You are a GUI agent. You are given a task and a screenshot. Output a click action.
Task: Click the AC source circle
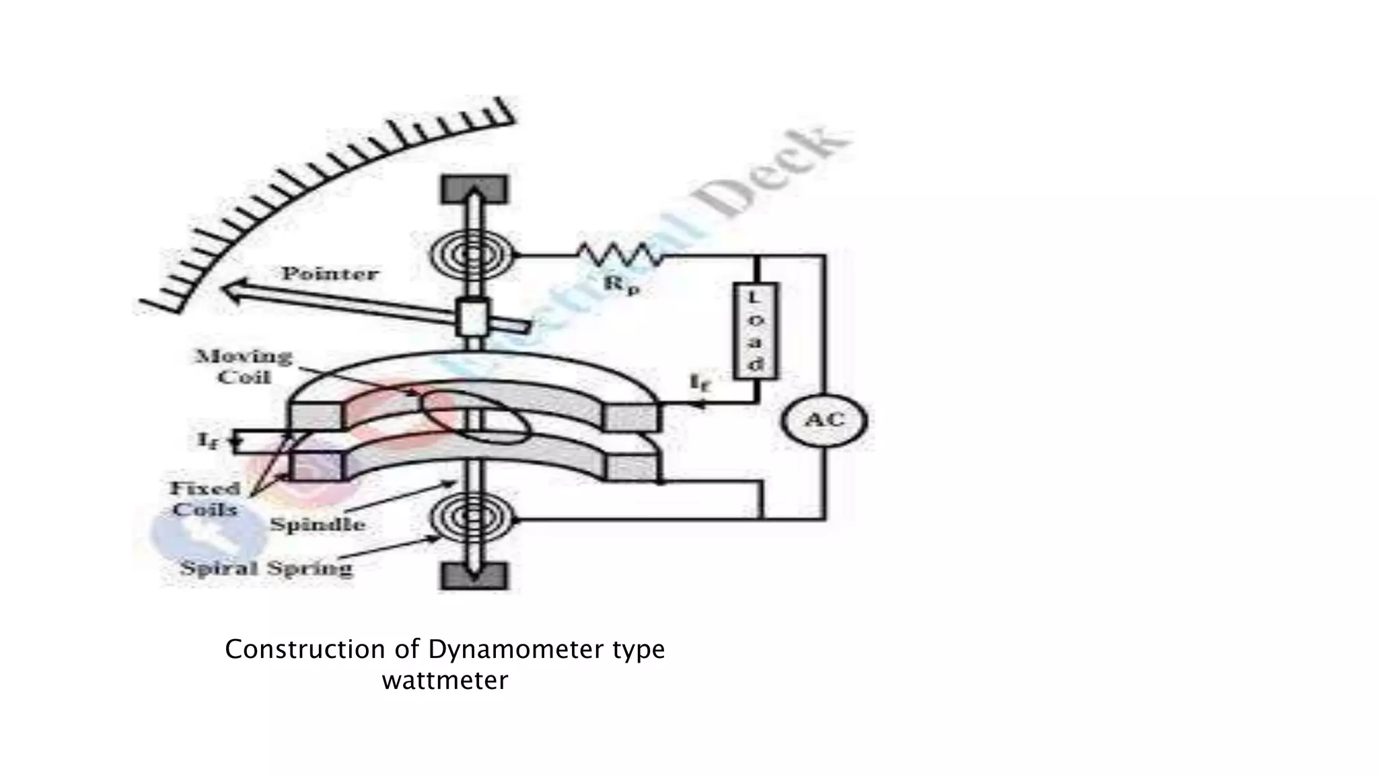pos(824,420)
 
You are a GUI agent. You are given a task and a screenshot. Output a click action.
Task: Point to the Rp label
pos(620,285)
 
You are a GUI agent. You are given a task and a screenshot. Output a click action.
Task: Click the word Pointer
pos(330,274)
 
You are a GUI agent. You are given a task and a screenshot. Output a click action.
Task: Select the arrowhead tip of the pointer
pos(225,289)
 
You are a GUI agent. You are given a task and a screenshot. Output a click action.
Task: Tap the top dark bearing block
pos(474,189)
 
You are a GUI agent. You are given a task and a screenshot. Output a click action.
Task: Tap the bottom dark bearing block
pos(474,576)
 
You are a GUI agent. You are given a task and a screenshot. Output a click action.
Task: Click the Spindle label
pos(318,525)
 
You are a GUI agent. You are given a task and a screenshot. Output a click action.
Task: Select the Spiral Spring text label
pos(266,568)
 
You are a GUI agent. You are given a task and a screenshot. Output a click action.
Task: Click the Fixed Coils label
pos(205,499)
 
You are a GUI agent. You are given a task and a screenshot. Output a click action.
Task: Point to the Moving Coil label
pos(244,367)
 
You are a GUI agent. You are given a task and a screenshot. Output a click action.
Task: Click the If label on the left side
pos(206,441)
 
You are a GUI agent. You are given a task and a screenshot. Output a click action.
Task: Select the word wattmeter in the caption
pos(445,681)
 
